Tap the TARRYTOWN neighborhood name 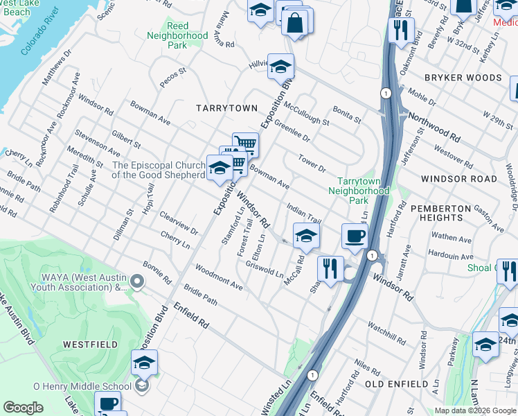coord(226,108)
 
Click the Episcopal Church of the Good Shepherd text coord(159,170)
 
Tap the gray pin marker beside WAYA coord(138,281)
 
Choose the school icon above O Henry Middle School coord(144,363)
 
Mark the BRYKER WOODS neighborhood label coord(463,78)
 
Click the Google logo coord(23,408)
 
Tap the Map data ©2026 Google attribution coord(474,410)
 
